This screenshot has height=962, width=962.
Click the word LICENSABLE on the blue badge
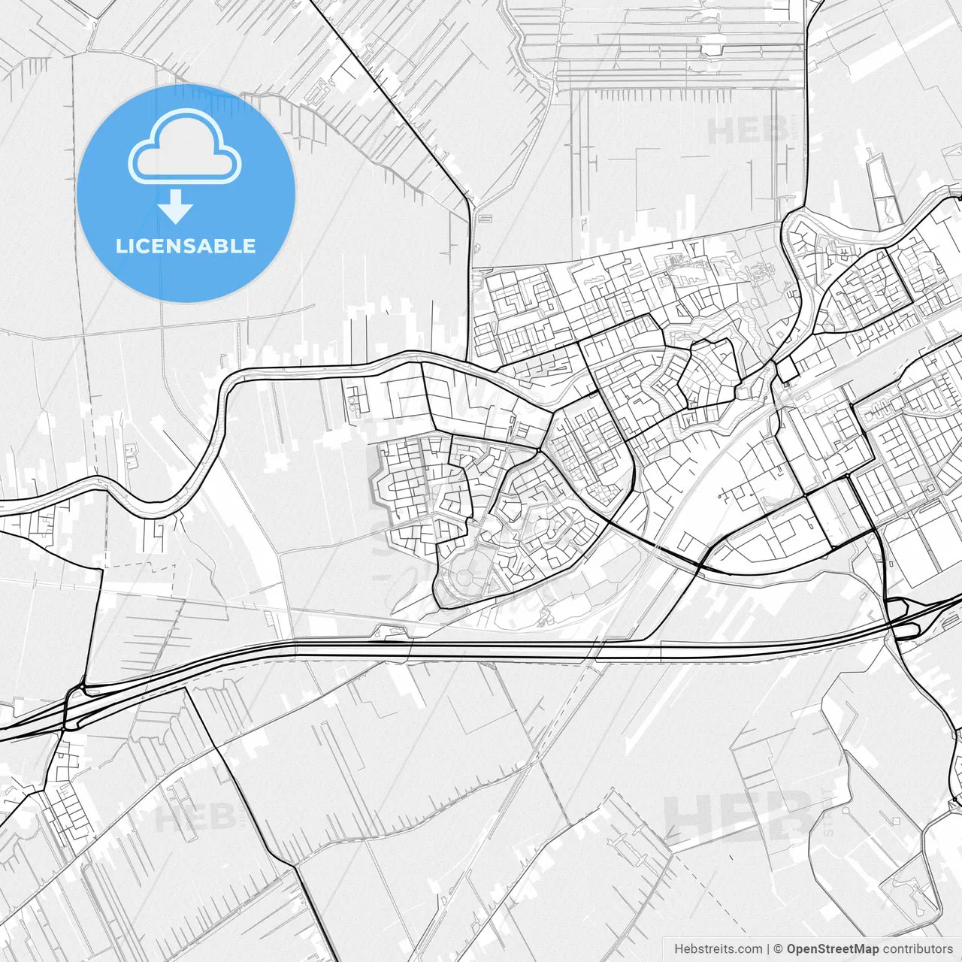186,246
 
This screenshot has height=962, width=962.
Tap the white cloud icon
185,147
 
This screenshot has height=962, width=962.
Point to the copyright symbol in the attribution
779,949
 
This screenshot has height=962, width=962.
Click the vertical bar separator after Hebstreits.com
768,949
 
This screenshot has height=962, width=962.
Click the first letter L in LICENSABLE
120,246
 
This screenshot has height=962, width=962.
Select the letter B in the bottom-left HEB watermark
221,818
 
